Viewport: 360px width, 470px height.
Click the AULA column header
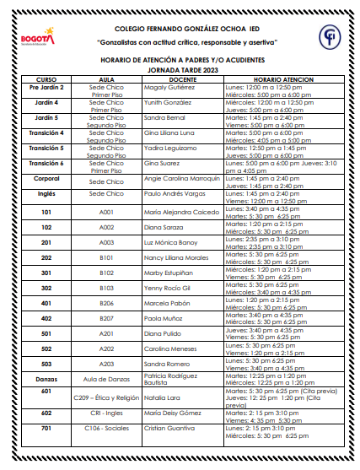tap(107, 78)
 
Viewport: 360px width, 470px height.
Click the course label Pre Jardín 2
tap(46, 87)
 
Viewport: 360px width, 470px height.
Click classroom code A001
tap(107, 212)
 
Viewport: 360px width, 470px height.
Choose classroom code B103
tap(107, 288)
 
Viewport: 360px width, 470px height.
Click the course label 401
tap(46, 303)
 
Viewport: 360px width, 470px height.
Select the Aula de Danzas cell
tap(107, 379)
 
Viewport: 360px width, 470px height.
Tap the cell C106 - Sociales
tap(107, 429)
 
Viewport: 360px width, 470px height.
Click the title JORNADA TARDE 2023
tap(182, 69)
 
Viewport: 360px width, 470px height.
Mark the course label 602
tap(46, 413)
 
